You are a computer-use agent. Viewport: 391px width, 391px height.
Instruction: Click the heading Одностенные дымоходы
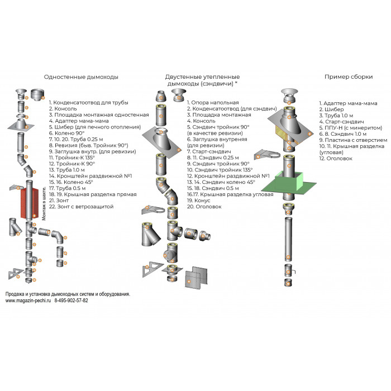click(x=81, y=78)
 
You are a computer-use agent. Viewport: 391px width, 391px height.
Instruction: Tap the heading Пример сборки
click(x=348, y=78)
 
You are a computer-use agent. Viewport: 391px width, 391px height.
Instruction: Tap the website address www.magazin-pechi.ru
click(x=28, y=301)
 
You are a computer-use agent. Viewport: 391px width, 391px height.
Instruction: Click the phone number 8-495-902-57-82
click(x=71, y=301)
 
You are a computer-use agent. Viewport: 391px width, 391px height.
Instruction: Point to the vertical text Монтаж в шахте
click(x=44, y=204)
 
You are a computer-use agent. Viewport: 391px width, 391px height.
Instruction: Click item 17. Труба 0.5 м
click(x=73, y=188)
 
